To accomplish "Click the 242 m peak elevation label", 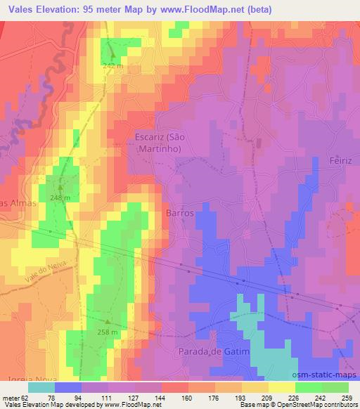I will pos(112,65).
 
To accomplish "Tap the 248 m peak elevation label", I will pos(60,198).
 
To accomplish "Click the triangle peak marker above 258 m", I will pos(108,321).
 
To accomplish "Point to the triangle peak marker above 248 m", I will pos(60,188).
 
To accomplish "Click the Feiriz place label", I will pos(343,161).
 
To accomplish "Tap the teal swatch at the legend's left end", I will pos(41,387).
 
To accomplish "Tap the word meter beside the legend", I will pos(11,398).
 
